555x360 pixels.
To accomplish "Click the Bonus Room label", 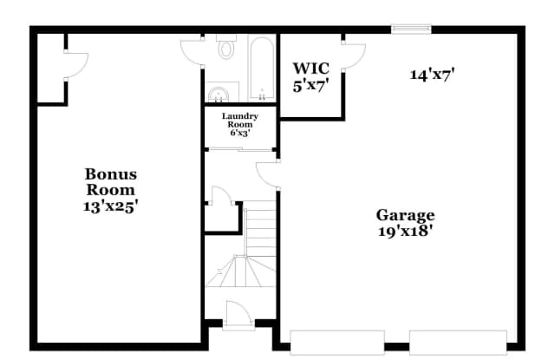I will point(110,181).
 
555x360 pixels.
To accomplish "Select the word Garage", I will point(405,215).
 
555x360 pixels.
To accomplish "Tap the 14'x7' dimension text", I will point(433,74).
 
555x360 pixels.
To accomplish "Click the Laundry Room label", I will point(239,120).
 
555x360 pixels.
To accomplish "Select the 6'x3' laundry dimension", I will point(239,134).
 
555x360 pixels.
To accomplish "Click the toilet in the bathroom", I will point(226,48).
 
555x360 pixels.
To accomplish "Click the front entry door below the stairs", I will point(236,314).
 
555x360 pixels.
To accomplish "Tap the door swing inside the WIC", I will point(353,54).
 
